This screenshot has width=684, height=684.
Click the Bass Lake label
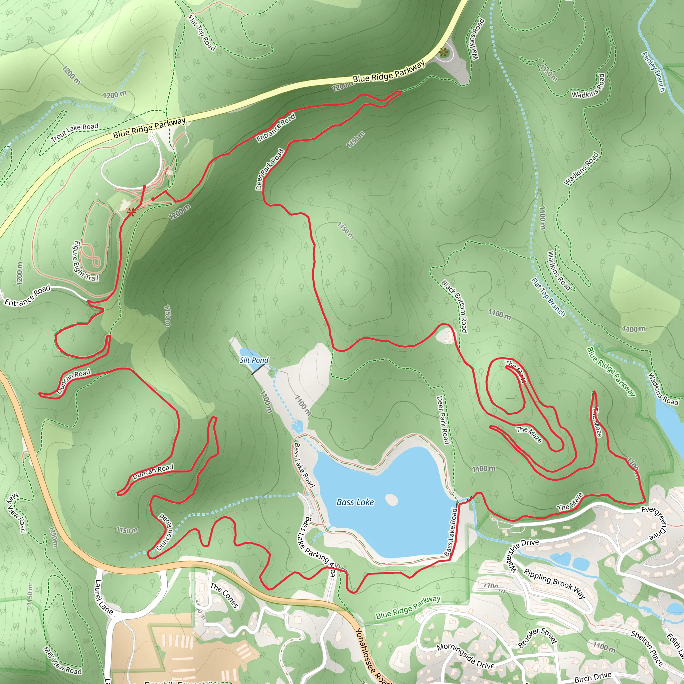[355, 502]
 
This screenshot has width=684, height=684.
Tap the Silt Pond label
[254, 360]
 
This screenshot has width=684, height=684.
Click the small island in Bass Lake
[391, 500]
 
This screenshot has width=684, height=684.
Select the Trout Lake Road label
[75, 132]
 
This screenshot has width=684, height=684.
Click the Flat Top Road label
[202, 33]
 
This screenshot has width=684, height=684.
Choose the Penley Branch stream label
[653, 72]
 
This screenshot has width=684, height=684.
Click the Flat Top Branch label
[548, 297]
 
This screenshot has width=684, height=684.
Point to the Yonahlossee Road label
[371, 656]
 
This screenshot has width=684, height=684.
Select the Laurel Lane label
[104, 597]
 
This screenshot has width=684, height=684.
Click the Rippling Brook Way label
[554, 583]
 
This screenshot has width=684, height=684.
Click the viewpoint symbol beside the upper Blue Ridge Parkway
[443, 53]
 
